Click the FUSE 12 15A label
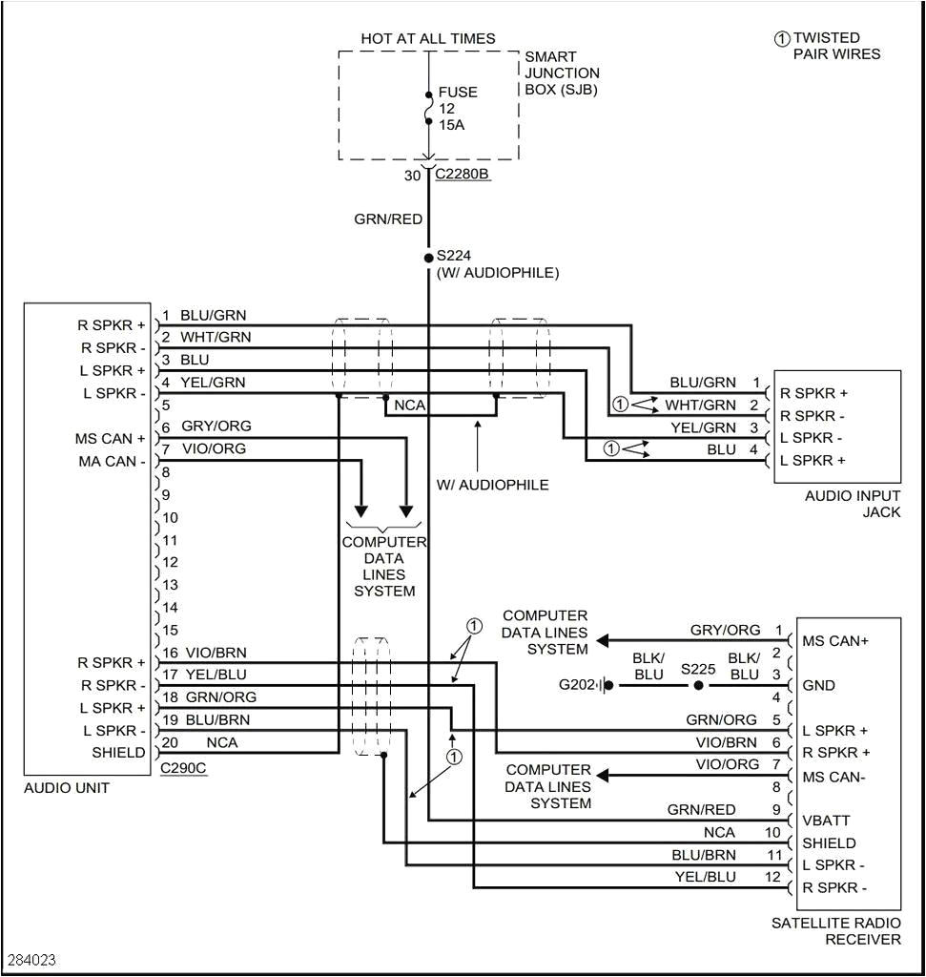[458, 109]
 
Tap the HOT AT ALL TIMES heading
[427, 39]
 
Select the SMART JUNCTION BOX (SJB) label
[562, 73]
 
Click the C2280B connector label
[463, 175]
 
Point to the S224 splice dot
[428, 257]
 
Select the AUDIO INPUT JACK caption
[852, 504]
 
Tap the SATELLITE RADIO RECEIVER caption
[835, 931]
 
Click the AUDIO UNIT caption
[67, 788]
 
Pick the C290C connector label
[183, 767]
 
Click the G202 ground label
[576, 685]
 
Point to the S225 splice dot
[699, 685]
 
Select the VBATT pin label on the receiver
[826, 821]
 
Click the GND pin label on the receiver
[819, 685]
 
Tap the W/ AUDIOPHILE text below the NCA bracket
[493, 485]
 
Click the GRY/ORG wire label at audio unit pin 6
[216, 426]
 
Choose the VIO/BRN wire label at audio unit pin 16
[216, 654]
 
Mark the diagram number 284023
[31, 958]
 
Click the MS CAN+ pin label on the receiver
[835, 640]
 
